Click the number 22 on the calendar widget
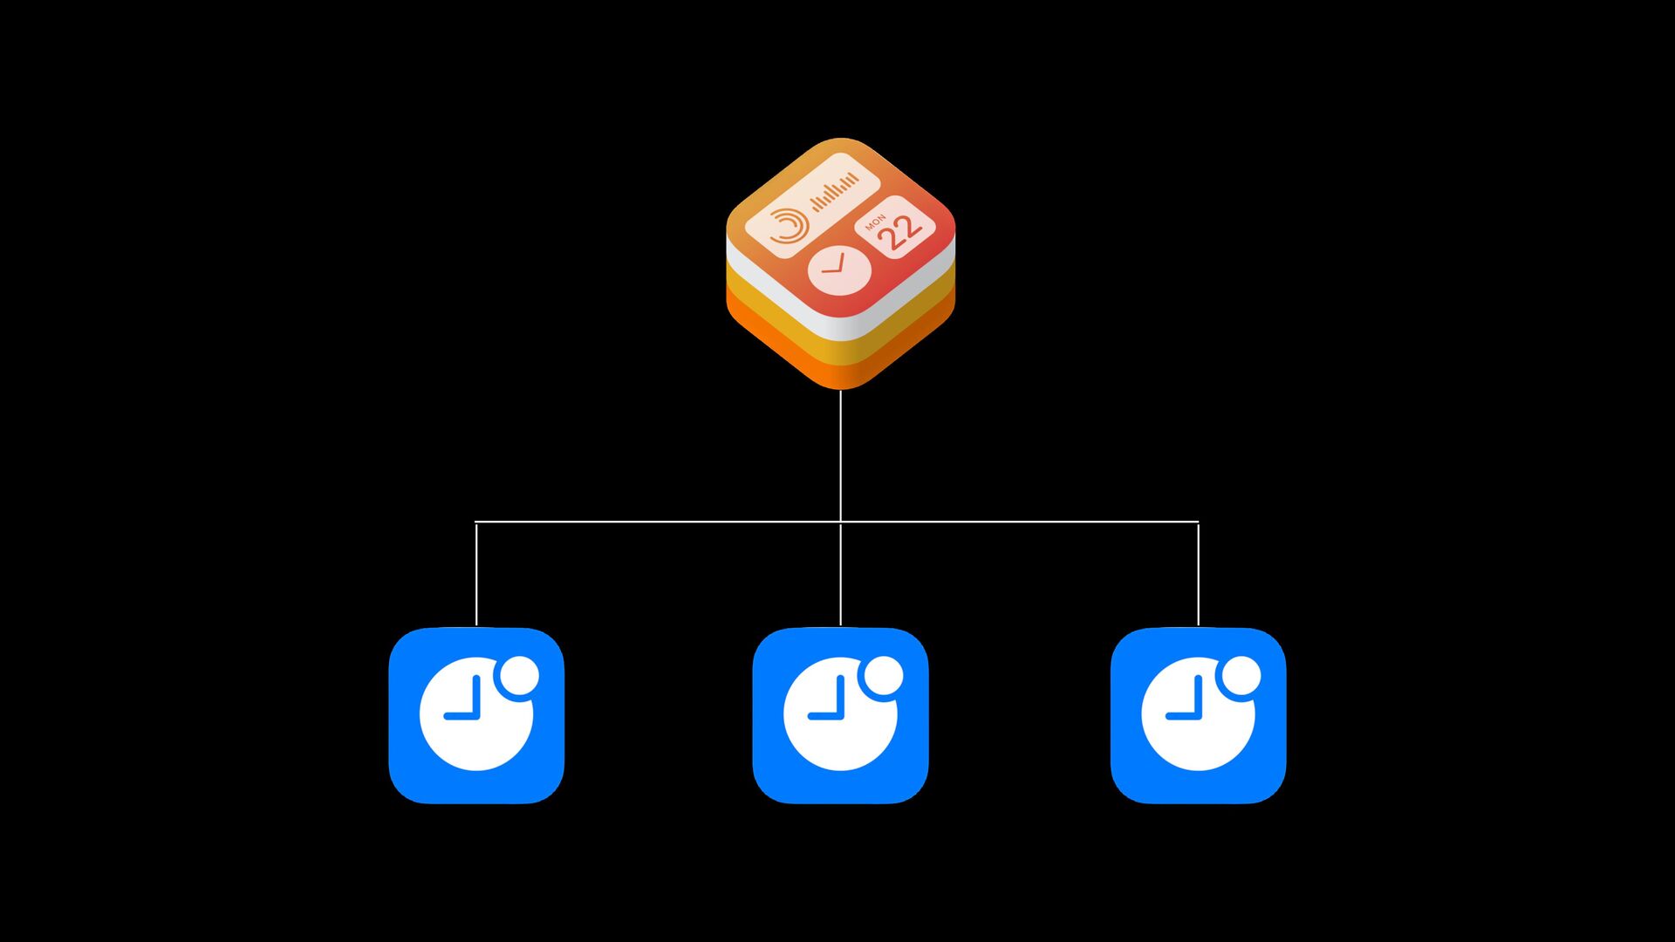coord(900,232)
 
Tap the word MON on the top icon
coord(875,222)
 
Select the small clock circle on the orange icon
coord(838,270)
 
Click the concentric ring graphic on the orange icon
coord(788,226)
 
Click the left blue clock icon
coord(476,715)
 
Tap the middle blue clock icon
coord(840,715)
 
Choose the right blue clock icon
coord(1198,715)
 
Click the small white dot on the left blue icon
coord(521,677)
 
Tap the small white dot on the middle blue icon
coord(885,677)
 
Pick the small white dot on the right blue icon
coord(1242,677)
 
